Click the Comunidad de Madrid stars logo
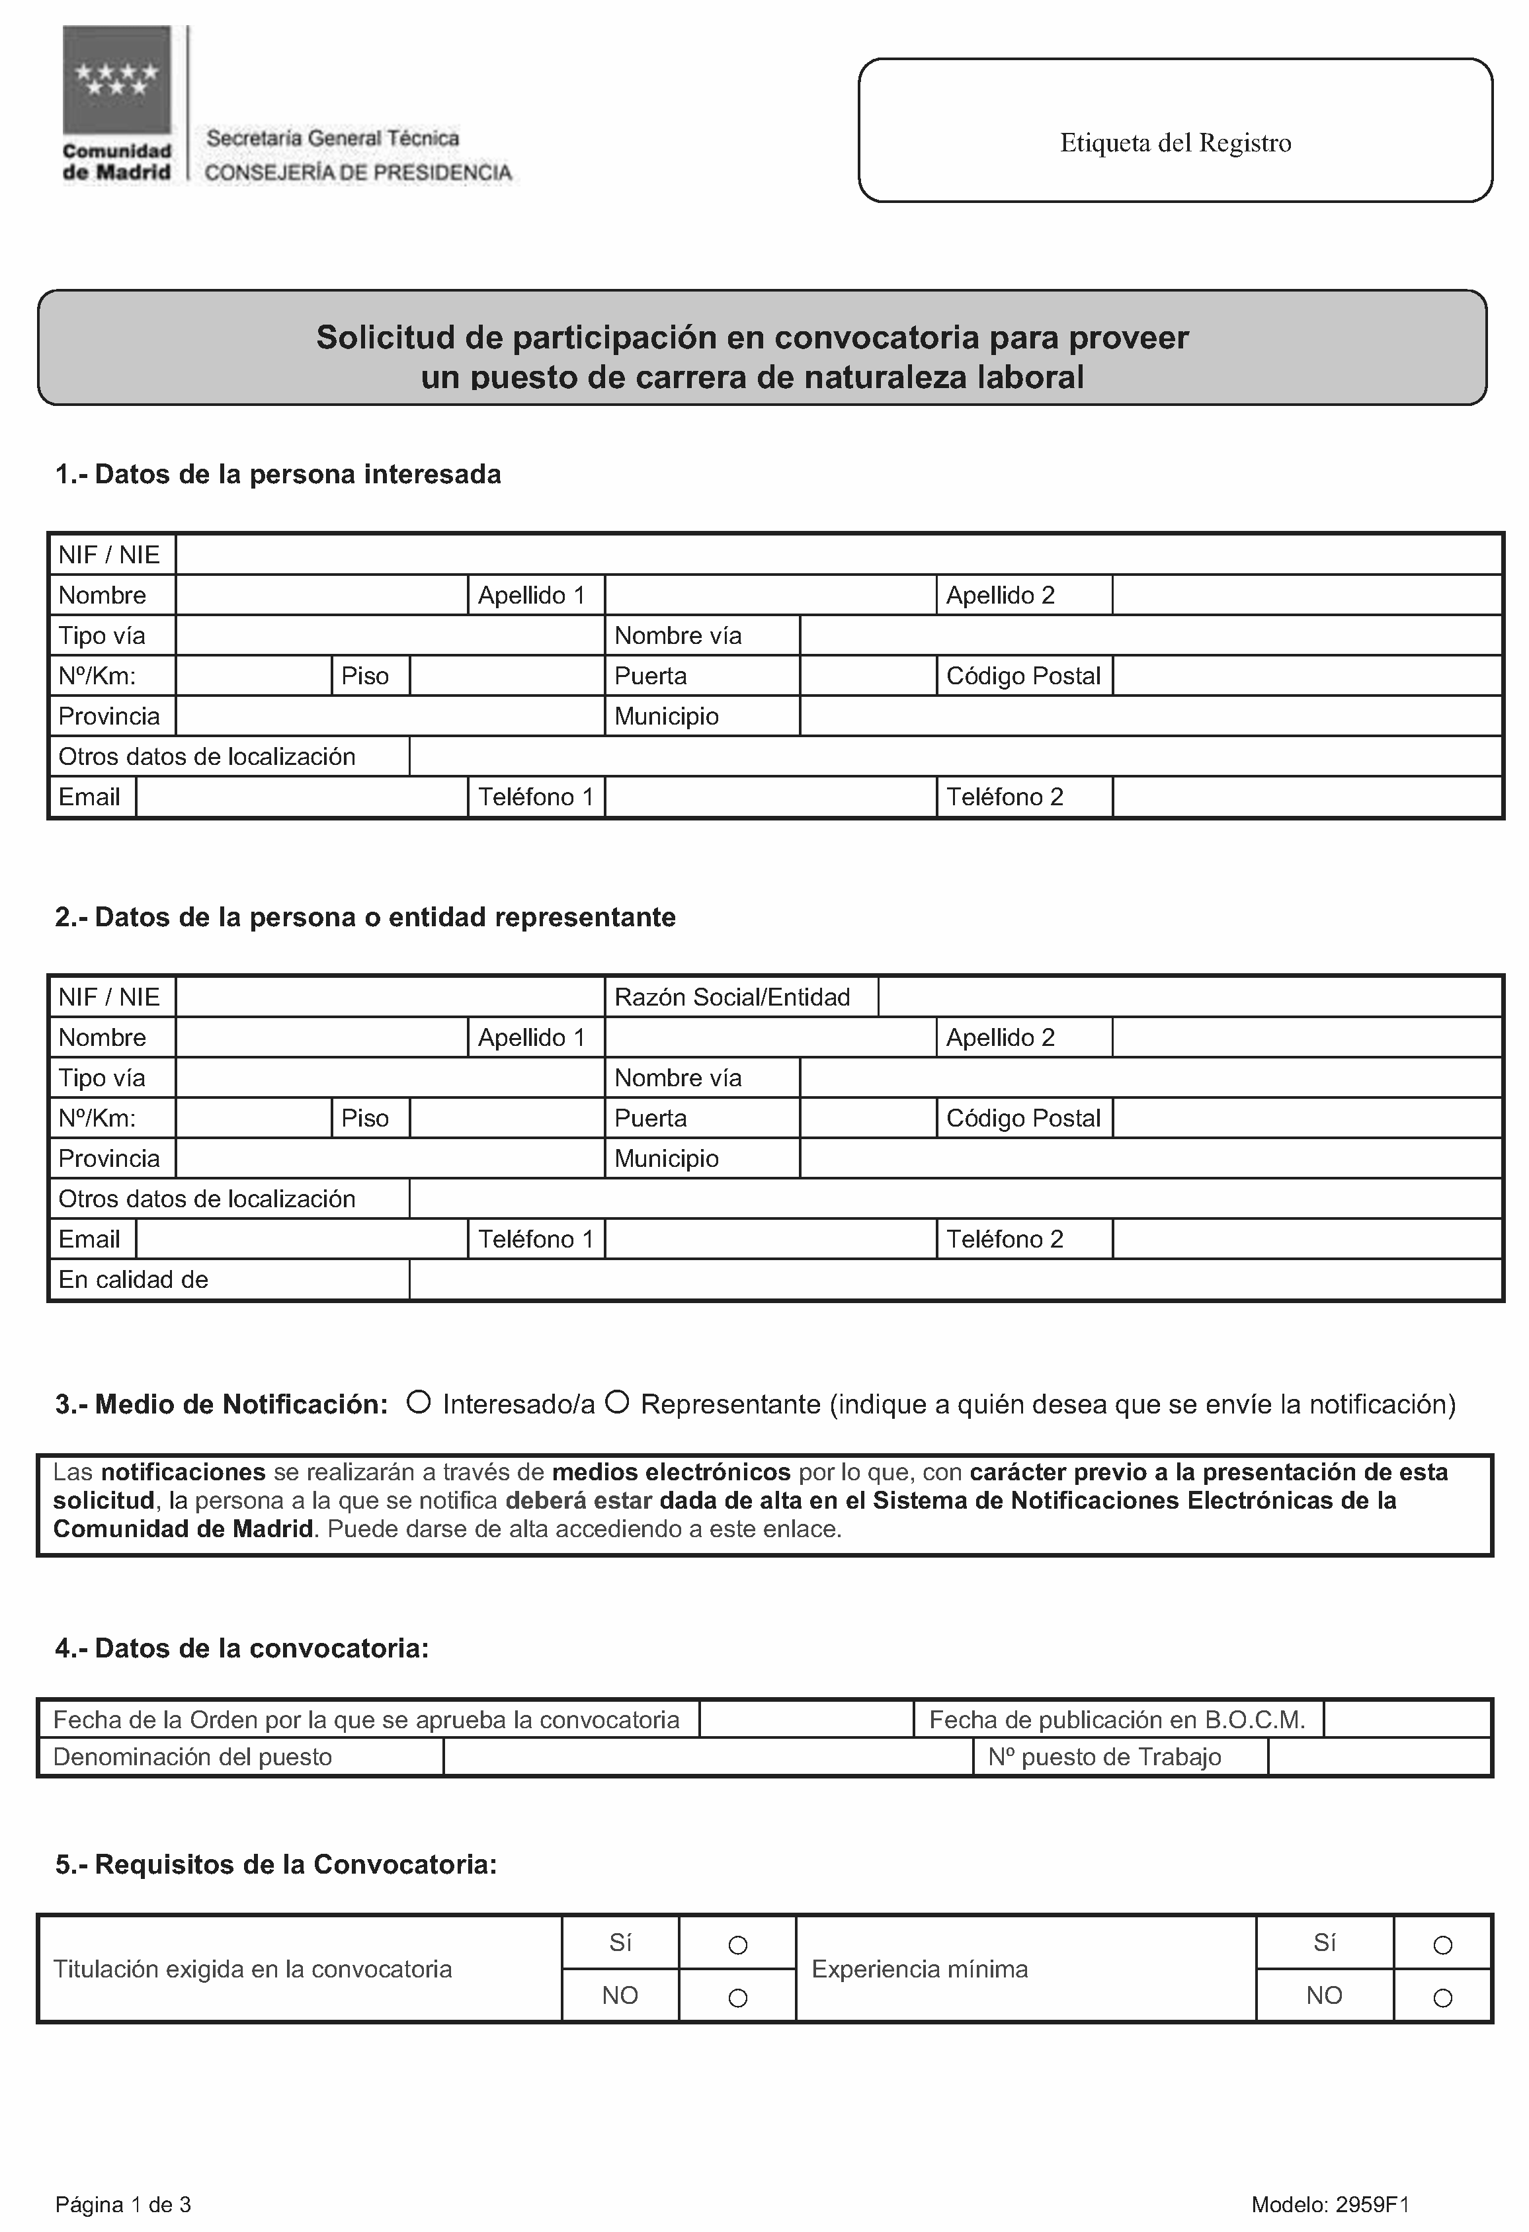(x=116, y=80)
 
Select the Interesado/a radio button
(x=418, y=1402)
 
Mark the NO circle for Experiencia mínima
(x=1442, y=1998)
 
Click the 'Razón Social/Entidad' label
(x=732, y=997)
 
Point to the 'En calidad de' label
(x=134, y=1279)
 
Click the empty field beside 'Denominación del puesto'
(x=708, y=1757)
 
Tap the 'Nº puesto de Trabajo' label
(x=1104, y=1757)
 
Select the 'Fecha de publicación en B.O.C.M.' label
(x=1117, y=1719)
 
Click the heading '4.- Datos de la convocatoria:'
(x=242, y=1648)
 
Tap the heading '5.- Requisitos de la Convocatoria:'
(x=276, y=1864)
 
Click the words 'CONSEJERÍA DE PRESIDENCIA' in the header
(x=358, y=173)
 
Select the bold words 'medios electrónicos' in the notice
(x=671, y=1472)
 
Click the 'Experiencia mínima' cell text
(x=919, y=1969)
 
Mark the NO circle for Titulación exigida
(x=737, y=1998)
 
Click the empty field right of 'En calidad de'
(x=955, y=1279)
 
